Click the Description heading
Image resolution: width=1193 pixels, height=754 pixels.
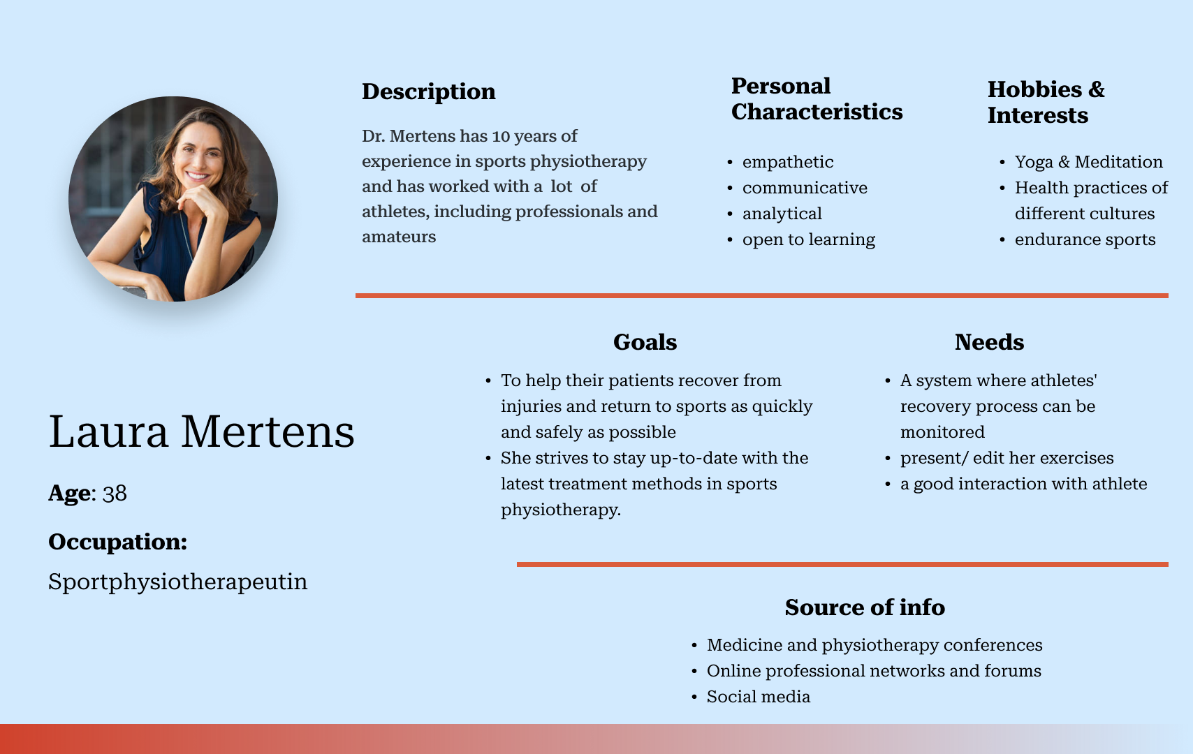tap(429, 92)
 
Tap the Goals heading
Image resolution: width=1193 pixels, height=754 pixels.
tap(645, 342)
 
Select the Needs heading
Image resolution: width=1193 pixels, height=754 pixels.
tap(989, 342)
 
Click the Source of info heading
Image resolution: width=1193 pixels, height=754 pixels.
tap(865, 607)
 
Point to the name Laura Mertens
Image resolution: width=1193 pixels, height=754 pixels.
tap(201, 432)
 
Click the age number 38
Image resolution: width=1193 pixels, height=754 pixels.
tap(115, 494)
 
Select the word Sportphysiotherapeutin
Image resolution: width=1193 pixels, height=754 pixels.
tap(178, 582)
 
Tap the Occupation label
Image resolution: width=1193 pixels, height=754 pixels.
tap(118, 542)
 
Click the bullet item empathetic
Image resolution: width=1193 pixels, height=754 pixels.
tap(788, 162)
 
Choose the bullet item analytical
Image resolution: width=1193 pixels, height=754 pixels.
tap(782, 214)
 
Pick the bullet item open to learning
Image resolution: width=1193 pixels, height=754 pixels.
tap(808, 239)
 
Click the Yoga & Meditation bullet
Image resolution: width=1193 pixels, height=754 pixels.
tap(1089, 162)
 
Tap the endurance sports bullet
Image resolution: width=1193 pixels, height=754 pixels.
tap(1085, 239)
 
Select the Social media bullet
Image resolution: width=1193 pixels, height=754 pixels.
tap(759, 697)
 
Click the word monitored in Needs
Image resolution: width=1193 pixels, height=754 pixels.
tap(942, 432)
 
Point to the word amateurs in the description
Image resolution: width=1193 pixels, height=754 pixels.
tap(399, 237)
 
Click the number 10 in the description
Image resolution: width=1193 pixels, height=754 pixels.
tap(501, 136)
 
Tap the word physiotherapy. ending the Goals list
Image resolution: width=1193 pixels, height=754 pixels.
tap(561, 510)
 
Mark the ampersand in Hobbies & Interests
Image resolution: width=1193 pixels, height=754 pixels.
tap(1096, 90)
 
